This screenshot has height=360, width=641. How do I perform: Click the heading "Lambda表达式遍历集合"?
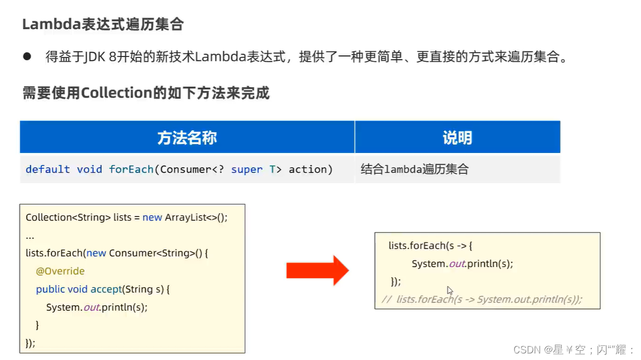click(102, 25)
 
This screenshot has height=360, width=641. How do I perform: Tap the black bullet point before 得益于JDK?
click(27, 57)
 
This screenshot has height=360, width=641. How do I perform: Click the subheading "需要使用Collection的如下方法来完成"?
click(146, 93)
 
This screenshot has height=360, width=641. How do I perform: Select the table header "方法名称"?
click(187, 138)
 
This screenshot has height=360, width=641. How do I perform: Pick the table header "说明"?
click(457, 138)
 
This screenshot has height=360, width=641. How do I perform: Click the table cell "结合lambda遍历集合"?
click(415, 169)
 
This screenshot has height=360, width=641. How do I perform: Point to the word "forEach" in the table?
click(131, 169)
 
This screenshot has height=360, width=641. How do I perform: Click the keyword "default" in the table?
click(48, 169)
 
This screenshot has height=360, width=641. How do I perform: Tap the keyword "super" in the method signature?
click(247, 169)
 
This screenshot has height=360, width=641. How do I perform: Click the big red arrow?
click(317, 270)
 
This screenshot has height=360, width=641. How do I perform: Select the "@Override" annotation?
click(60, 271)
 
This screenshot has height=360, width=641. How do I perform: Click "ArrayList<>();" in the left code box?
click(196, 218)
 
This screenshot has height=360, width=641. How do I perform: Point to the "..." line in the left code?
click(30, 236)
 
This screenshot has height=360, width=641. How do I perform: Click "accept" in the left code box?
click(106, 289)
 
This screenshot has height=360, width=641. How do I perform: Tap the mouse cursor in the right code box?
click(450, 290)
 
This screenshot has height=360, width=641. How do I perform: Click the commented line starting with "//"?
click(482, 299)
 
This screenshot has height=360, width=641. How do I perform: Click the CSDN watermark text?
click(573, 350)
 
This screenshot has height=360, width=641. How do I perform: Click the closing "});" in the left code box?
click(31, 343)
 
